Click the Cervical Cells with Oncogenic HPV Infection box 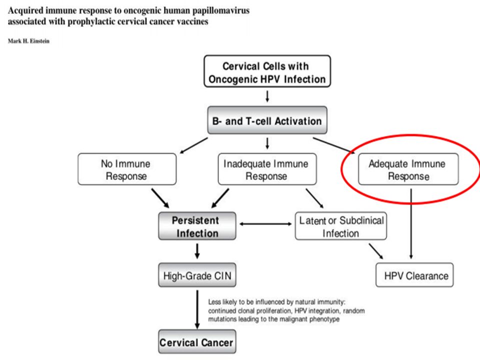point(267,71)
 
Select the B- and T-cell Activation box point(267,120)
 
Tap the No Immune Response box point(127,169)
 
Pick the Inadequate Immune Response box point(267,169)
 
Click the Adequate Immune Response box point(408,169)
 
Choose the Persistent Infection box point(197,226)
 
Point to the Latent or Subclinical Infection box point(340,226)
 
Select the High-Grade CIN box point(197,275)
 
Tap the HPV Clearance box point(414,275)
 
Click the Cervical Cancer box point(197,341)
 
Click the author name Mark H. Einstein point(28,41)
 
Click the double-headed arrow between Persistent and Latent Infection point(265,224)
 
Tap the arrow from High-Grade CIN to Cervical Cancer point(197,310)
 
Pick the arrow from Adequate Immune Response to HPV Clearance point(411,224)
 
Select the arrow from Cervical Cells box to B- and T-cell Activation point(267,96)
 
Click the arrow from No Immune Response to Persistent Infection point(160,198)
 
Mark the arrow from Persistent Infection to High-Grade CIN point(197,251)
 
